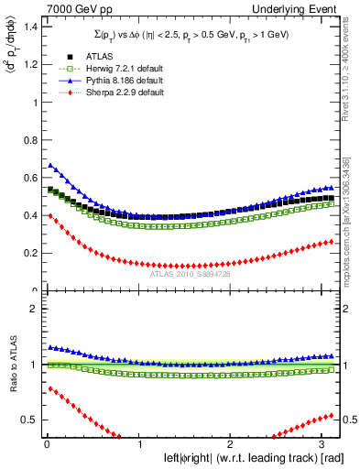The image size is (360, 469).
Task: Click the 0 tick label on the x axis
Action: [x=46, y=444]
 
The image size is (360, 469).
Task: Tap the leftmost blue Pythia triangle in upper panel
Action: [x=49, y=166]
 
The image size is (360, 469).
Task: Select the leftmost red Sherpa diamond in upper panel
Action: [x=49, y=216]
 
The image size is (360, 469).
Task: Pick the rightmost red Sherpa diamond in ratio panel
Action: [x=332, y=414]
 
